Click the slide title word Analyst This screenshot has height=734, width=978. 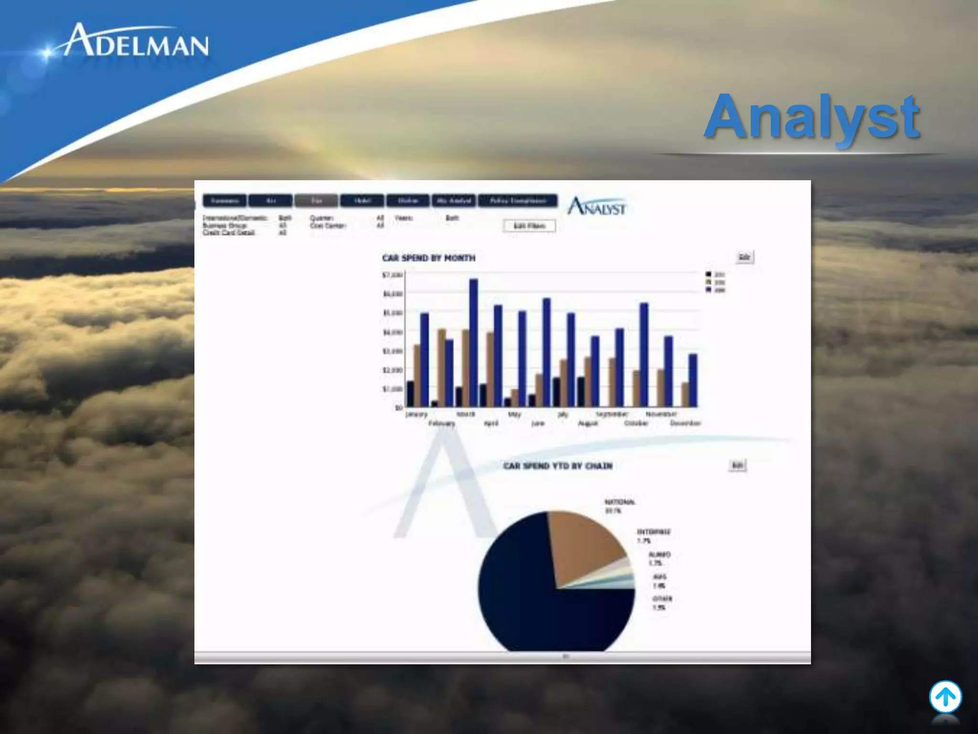[x=812, y=117]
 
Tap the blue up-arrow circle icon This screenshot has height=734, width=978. [x=945, y=697]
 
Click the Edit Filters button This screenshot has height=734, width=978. [x=529, y=226]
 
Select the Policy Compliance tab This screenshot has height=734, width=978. [x=518, y=201]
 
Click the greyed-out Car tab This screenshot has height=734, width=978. [x=316, y=201]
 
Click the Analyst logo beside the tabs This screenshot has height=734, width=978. [x=597, y=206]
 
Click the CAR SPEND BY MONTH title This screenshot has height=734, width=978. [x=428, y=258]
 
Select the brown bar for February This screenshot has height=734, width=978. [x=442, y=368]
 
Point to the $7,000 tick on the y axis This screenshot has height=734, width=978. [x=393, y=275]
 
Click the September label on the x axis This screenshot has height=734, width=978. [x=612, y=414]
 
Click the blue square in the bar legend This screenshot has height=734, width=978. [x=709, y=290]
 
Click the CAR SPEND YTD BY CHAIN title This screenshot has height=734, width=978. [x=557, y=466]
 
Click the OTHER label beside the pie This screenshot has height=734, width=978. [x=662, y=598]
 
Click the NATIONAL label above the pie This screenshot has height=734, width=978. [x=619, y=502]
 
